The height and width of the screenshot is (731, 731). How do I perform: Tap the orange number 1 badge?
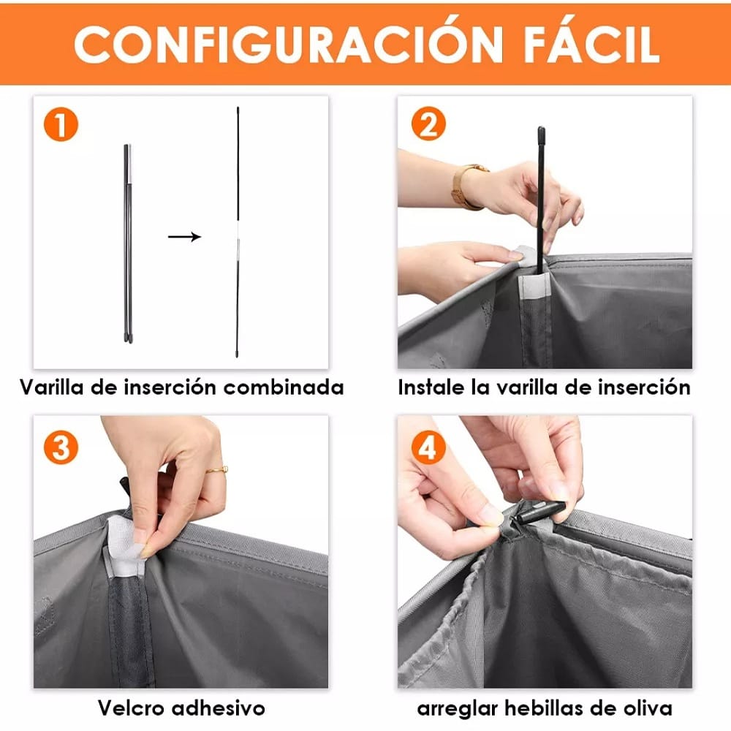point(61,125)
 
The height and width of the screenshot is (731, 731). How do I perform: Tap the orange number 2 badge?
point(428,125)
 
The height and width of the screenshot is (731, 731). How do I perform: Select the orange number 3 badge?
point(61,447)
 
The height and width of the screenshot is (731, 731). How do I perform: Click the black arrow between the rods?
point(184,236)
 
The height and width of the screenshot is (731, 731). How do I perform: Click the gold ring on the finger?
point(217,469)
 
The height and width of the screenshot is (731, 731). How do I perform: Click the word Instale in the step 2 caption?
point(433,387)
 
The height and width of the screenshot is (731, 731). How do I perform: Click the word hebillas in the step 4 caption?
point(538,708)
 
